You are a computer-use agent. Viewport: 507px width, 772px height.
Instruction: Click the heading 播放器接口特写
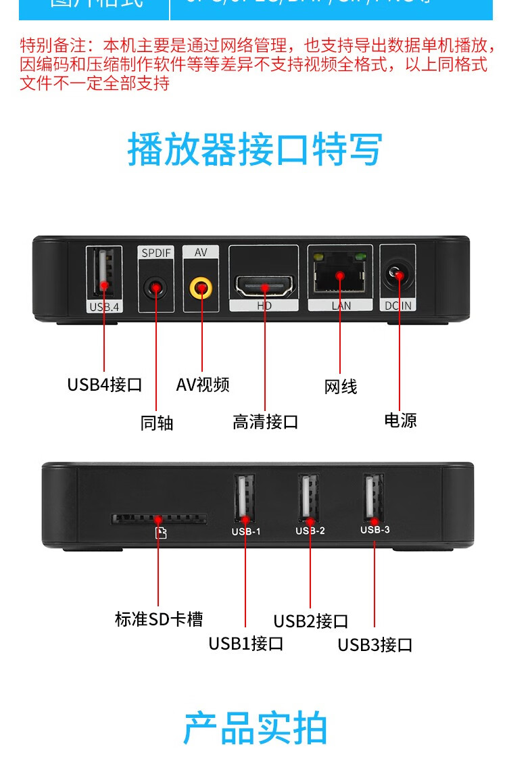tap(255, 150)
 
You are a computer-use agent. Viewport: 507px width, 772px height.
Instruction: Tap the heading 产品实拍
tap(255, 728)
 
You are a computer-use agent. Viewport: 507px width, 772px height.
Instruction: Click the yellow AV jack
tap(201, 289)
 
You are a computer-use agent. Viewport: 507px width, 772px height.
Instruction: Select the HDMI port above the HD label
tap(264, 287)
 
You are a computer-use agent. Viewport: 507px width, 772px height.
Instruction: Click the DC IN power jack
tap(398, 276)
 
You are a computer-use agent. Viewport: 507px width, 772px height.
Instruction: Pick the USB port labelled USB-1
tap(245, 499)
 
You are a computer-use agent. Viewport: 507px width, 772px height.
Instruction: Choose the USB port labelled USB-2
tap(310, 498)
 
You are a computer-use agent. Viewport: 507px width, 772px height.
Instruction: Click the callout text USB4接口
tap(105, 385)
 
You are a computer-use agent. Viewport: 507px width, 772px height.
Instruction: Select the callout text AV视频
tap(203, 385)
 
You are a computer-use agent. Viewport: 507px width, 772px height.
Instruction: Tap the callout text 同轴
tap(157, 423)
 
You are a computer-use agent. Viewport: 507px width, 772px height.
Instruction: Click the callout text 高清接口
tap(265, 423)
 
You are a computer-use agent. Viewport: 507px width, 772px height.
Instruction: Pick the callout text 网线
tap(341, 387)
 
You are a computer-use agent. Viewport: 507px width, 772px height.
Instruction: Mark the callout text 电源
tap(400, 420)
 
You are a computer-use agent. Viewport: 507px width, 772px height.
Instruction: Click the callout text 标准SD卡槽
tap(159, 619)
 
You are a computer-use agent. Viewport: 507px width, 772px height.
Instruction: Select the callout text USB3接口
tap(375, 645)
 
